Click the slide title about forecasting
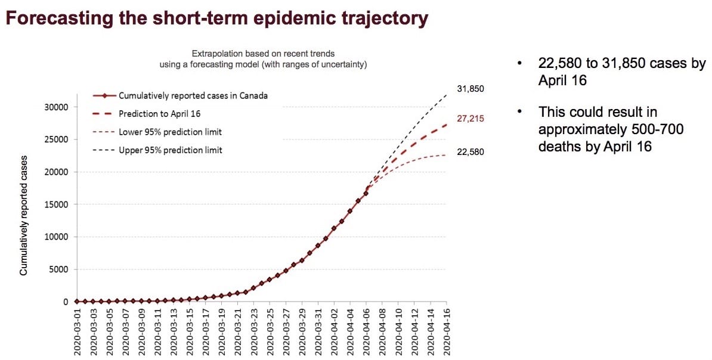(216, 18)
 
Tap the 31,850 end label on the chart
(470, 89)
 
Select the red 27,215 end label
(470, 119)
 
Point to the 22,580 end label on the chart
(470, 152)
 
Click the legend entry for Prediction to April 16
(162, 113)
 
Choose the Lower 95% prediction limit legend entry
(170, 132)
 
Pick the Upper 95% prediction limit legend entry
(170, 150)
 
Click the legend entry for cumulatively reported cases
(193, 95)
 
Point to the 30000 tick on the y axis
(57, 107)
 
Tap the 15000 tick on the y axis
(57, 204)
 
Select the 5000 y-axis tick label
(60, 269)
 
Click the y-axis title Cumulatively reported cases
(24, 216)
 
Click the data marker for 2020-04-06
(366, 193)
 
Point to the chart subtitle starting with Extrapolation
(263, 59)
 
